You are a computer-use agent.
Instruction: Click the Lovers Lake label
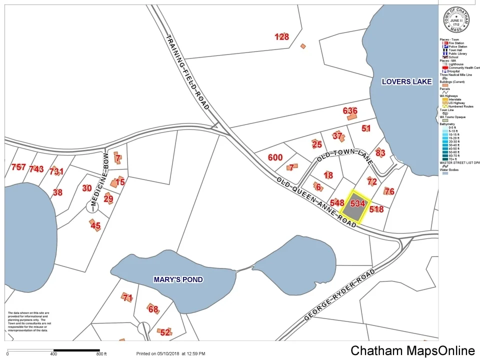tap(406, 81)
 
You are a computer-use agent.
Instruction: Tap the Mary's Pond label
tap(178, 279)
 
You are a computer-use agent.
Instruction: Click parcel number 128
tap(282, 36)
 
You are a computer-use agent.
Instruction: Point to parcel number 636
tap(350, 111)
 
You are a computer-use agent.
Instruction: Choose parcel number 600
tap(275, 157)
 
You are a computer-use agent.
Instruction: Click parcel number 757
tap(18, 167)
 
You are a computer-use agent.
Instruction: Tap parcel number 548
tap(337, 203)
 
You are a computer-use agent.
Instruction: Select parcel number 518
tap(376, 209)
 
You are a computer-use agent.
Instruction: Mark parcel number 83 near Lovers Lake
tap(380, 152)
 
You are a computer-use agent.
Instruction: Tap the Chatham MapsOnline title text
tap(412, 350)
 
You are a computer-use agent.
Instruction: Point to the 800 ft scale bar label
tap(101, 354)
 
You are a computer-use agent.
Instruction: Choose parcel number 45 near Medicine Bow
tap(95, 226)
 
